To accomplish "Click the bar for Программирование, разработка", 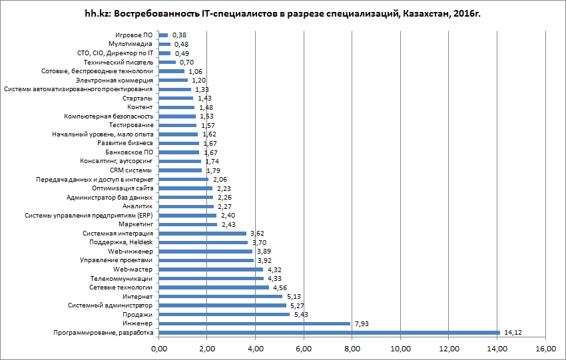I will pos(329,333).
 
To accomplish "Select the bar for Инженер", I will pos(254,323).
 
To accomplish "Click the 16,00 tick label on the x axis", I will pos(545,348).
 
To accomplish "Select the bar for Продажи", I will pos(224,314).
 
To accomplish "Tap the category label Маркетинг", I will pos(136,224).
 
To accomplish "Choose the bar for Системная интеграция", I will pos(202,234).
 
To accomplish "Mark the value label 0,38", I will pos(178,35).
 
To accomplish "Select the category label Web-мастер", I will pos(133,270).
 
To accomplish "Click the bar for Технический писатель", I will pos(167,62).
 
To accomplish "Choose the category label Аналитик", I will pos(140,206).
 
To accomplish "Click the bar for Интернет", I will pos(220,296).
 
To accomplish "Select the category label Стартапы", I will pos(138,98).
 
